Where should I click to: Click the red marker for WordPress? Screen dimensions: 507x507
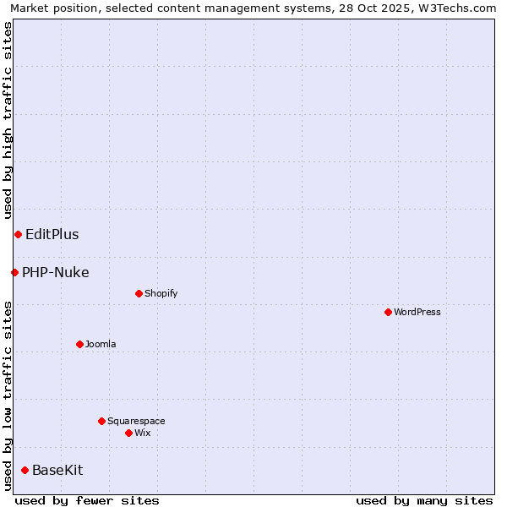coord(388,312)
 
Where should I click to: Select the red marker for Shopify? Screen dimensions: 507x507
coord(139,293)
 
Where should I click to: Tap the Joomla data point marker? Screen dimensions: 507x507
coord(79,344)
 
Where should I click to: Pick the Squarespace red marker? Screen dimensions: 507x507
coord(101,421)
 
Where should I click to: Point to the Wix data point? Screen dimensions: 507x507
coord(128,433)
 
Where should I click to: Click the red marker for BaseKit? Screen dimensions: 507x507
coord(25,470)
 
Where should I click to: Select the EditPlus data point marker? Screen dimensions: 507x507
coord(18,234)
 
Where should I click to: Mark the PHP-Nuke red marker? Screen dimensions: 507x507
coord(14,272)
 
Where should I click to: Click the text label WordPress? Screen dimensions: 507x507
coord(417,312)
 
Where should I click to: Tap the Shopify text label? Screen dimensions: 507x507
coord(161,293)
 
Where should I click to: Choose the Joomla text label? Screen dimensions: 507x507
coord(101,344)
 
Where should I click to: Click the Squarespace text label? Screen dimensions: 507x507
coord(136,421)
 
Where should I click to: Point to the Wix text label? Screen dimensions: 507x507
coord(143,433)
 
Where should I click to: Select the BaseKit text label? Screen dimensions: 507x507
coord(57,470)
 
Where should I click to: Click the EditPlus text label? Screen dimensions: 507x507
coord(52,234)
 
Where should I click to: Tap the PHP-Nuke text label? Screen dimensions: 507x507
coord(56,272)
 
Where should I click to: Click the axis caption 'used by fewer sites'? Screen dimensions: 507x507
coord(87,500)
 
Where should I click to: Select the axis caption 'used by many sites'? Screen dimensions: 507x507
coord(424,500)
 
